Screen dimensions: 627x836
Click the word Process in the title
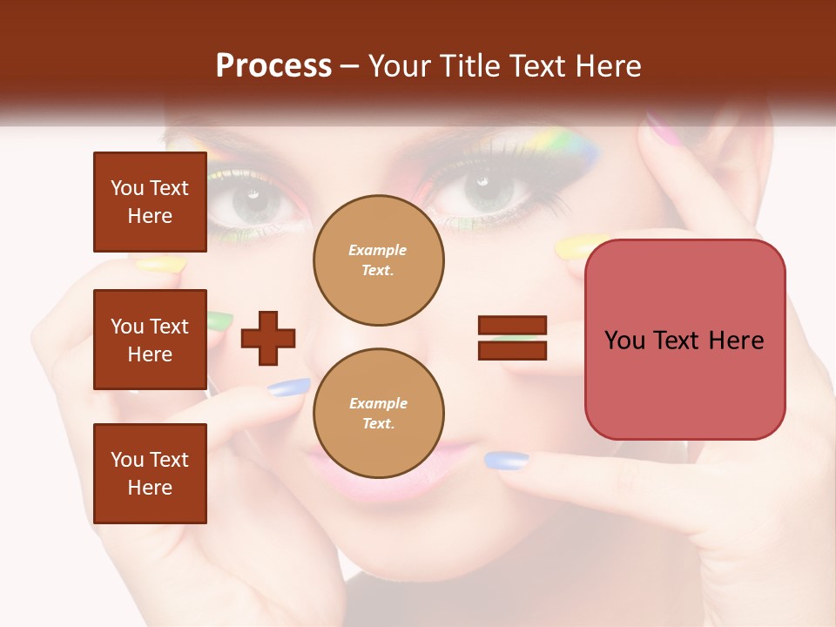click(273, 65)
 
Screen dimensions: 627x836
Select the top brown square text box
click(150, 202)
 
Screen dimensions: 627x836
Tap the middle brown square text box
click(150, 340)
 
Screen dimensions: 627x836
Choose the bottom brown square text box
click(150, 474)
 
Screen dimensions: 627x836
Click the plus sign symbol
click(268, 338)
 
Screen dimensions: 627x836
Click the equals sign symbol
click(512, 338)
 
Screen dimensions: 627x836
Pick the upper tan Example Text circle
click(378, 260)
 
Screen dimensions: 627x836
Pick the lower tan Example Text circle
click(378, 413)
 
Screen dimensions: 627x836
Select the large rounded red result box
click(684, 340)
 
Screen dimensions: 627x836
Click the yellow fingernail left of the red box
click(575, 247)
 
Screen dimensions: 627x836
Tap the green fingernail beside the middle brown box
click(219, 320)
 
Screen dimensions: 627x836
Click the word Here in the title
click(606, 65)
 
